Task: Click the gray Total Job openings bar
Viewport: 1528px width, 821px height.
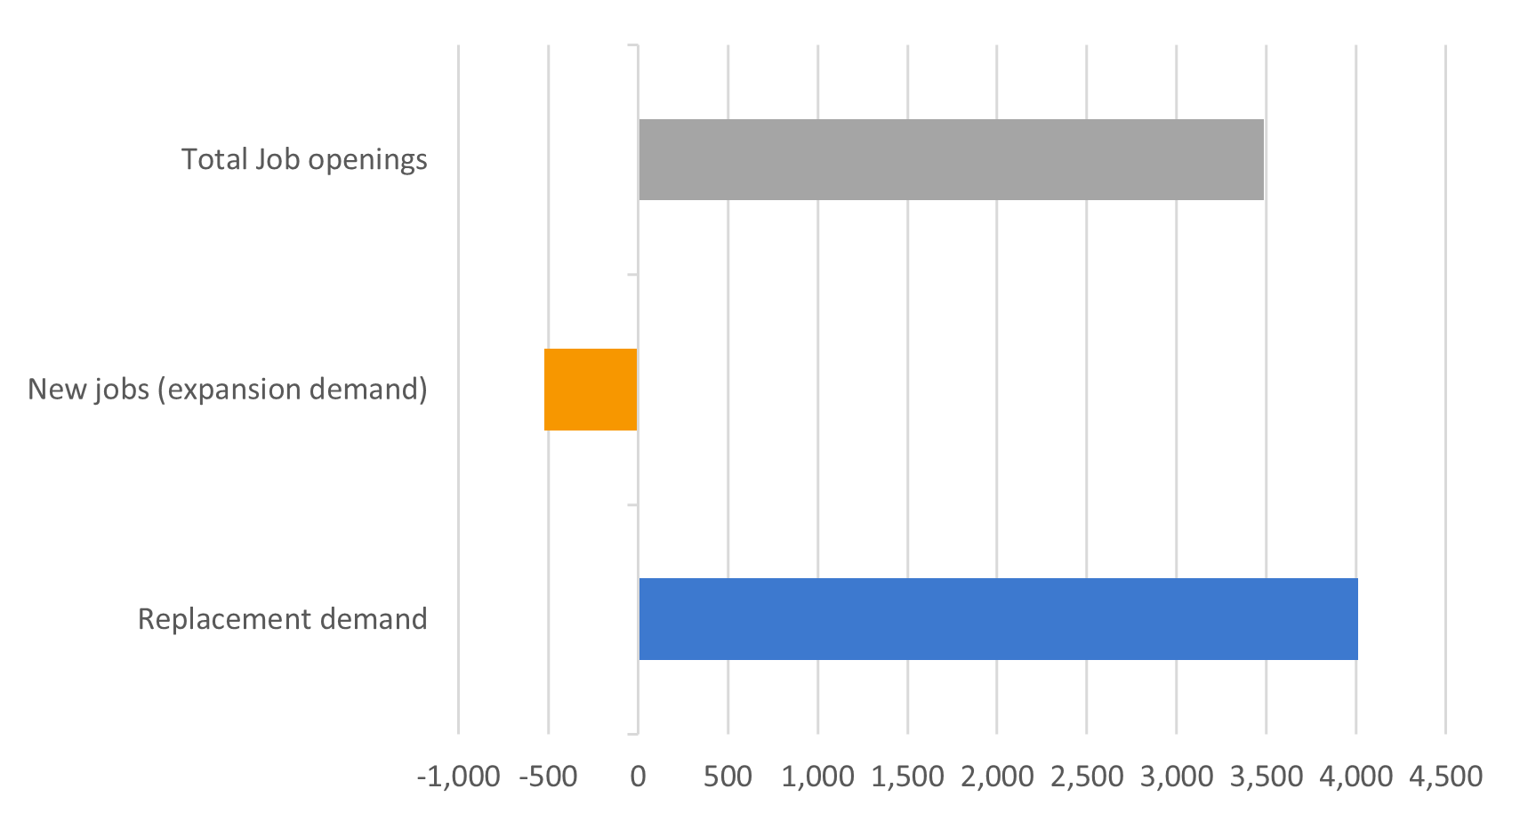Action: point(950,159)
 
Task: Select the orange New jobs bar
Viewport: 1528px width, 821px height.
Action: point(591,390)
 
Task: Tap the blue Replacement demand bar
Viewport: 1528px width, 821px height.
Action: point(997,619)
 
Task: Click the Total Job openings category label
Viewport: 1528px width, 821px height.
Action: point(304,160)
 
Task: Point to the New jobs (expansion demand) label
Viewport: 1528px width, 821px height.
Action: point(228,390)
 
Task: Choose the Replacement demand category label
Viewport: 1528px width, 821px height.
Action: point(282,619)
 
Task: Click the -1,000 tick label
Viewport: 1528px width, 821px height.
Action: point(458,777)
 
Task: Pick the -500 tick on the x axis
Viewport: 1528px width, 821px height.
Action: point(548,777)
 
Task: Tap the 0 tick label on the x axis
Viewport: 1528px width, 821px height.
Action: point(638,777)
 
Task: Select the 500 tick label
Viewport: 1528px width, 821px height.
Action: point(728,777)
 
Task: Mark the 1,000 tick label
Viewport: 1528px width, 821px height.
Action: point(817,777)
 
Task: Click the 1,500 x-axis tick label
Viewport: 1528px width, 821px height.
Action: point(907,777)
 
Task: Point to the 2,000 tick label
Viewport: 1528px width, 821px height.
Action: point(997,777)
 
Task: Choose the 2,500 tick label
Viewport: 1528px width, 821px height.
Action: point(1087,777)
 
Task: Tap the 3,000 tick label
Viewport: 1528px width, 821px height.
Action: point(1177,777)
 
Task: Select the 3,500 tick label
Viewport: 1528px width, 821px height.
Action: point(1267,777)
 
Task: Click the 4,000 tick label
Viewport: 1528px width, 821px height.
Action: point(1356,777)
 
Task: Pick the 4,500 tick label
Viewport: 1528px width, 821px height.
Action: point(1446,777)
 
